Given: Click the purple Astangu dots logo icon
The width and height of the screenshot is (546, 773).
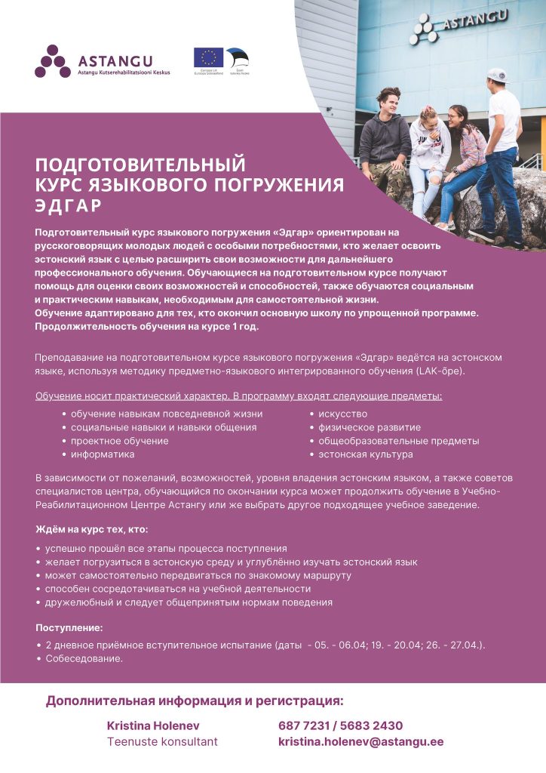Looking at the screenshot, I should tap(51, 61).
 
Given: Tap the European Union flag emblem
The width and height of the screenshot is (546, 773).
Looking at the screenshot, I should tap(208, 57).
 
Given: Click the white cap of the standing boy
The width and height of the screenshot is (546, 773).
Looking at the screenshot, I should tap(498, 75).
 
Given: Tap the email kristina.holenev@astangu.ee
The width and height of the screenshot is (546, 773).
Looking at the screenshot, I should tap(360, 742).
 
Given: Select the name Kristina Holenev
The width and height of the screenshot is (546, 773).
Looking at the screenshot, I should tap(151, 725).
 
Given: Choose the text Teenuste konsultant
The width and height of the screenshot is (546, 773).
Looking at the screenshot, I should tap(162, 742).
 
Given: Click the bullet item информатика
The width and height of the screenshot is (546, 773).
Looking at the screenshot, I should tap(103, 454).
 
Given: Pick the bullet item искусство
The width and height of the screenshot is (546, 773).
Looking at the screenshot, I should tap(342, 414).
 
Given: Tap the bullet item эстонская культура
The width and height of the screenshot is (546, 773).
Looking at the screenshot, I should tap(365, 454).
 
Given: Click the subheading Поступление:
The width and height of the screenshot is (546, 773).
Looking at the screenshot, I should tap(69, 627).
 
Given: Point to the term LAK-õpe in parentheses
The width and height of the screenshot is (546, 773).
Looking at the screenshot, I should tap(442, 372).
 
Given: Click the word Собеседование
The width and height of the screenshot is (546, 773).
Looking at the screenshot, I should tap(83, 659).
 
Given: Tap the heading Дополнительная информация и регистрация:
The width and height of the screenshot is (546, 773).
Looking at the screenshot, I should tap(195, 701).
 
